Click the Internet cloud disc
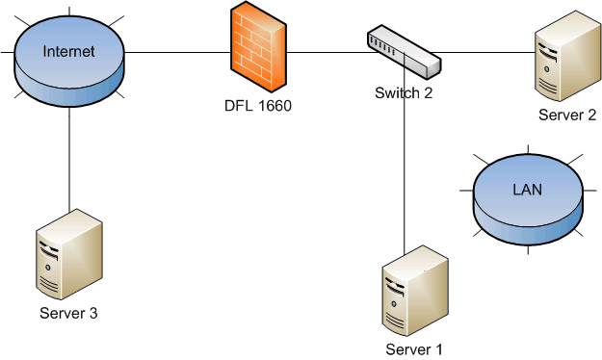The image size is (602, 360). [69, 62]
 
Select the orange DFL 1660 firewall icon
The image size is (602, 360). [258, 47]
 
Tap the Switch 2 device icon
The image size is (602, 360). [404, 52]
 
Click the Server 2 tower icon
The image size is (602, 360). [568, 57]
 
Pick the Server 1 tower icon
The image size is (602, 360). [415, 291]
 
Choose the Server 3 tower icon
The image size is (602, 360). [69, 254]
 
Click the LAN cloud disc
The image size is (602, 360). [528, 199]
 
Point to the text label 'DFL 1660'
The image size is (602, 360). [258, 106]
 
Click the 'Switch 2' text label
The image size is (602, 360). [404, 92]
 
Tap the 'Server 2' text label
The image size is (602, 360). [567, 115]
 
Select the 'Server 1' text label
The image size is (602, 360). [414, 349]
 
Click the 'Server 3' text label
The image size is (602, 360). [68, 313]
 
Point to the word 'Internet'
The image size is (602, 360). [68, 51]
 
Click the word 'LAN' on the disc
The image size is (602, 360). [528, 190]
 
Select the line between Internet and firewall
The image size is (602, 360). [177, 52]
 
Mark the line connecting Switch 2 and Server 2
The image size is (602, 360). [483, 52]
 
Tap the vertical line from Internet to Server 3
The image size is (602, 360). [69, 159]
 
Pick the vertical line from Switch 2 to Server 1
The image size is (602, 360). [404, 153]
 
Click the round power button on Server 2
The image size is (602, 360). [546, 69]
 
